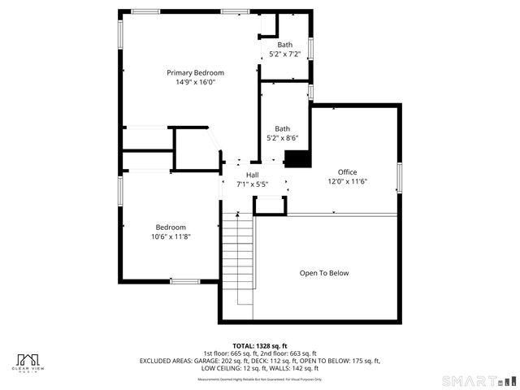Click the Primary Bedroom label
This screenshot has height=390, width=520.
(x=195, y=72)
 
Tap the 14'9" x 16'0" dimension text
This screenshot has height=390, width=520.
(x=195, y=82)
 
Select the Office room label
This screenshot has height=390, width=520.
(x=347, y=172)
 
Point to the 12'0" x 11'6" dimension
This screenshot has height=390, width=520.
(x=347, y=182)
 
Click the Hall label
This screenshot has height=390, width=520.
(x=252, y=175)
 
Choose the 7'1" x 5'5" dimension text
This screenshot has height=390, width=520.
(x=252, y=184)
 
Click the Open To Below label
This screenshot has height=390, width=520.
(x=323, y=273)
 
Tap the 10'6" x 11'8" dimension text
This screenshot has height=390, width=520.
(x=171, y=236)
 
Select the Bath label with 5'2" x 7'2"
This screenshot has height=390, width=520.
(x=284, y=45)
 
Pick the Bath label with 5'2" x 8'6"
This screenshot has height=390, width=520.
(x=282, y=128)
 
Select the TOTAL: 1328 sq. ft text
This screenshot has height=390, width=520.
(x=260, y=345)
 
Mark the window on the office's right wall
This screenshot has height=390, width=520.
(x=399, y=177)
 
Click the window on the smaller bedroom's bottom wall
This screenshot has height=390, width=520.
(x=184, y=281)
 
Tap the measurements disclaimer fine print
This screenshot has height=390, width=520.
(x=260, y=379)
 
